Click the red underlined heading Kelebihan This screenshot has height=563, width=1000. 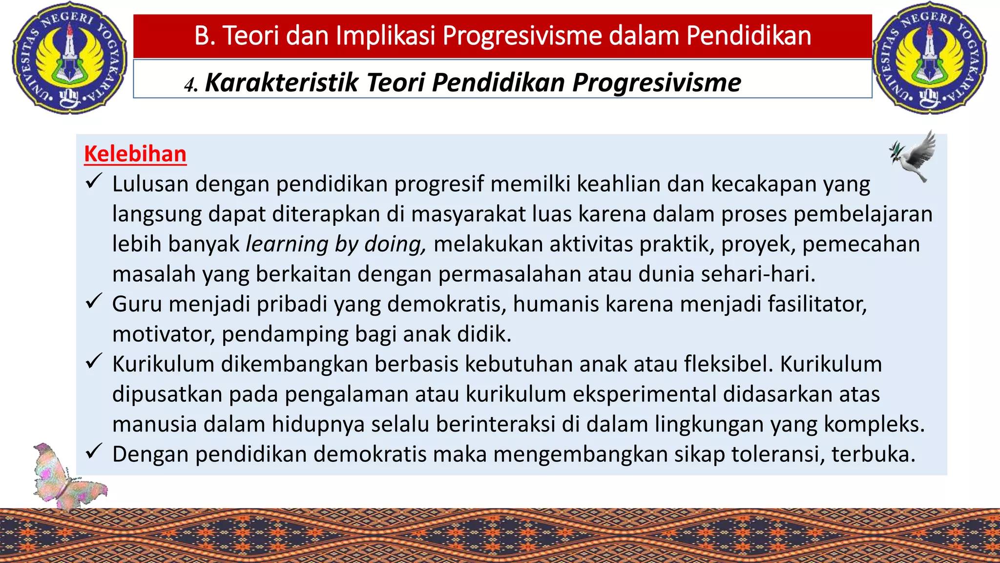[135, 154]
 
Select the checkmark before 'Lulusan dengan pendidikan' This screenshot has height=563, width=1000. [93, 182]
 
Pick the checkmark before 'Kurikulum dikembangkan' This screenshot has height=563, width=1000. [93, 362]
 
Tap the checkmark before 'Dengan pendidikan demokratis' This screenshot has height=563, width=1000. [93, 452]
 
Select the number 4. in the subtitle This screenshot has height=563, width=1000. [191, 85]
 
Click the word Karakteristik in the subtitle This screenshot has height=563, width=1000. [282, 82]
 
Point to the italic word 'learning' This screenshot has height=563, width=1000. [287, 244]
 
